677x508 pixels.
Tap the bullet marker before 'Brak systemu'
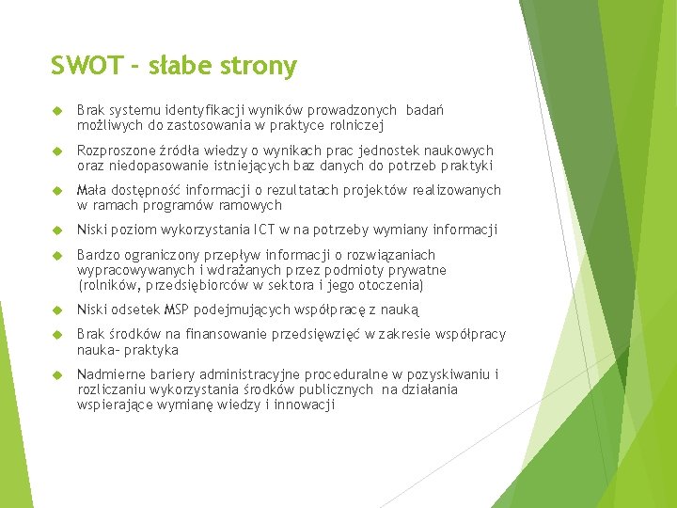[55, 111]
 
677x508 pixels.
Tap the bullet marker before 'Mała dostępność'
[55, 191]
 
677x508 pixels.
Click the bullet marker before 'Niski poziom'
[55, 230]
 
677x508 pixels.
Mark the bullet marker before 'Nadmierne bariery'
[55, 374]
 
